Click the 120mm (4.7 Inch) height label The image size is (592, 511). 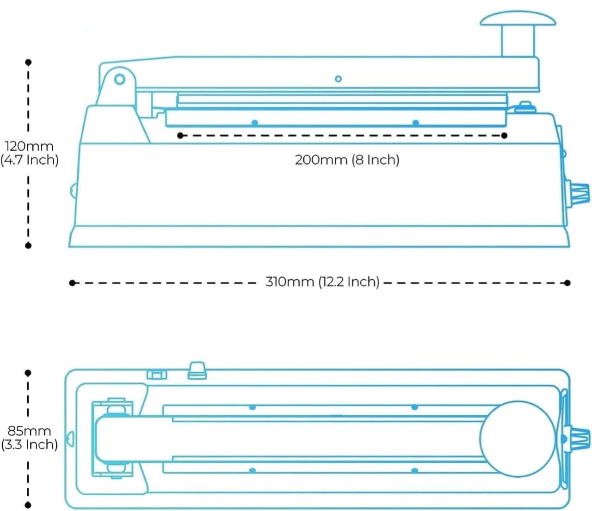[29, 153]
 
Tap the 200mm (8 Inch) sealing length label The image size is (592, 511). [347, 160]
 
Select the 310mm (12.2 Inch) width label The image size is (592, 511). [322, 282]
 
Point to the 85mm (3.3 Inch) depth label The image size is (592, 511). [29, 437]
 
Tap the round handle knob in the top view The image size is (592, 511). [517, 438]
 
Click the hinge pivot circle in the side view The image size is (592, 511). [120, 79]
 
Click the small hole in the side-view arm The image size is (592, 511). [338, 79]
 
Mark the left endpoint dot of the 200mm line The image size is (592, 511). [180, 135]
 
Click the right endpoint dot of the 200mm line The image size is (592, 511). [504, 135]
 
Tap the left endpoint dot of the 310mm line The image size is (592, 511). [72, 283]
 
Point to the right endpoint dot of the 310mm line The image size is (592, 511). [567, 283]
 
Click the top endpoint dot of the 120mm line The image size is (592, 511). [28, 62]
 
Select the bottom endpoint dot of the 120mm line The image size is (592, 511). [28, 246]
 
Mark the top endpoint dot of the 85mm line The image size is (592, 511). [28, 373]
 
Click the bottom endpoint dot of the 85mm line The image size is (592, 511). [28, 505]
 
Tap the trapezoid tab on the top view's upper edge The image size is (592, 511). [197, 370]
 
